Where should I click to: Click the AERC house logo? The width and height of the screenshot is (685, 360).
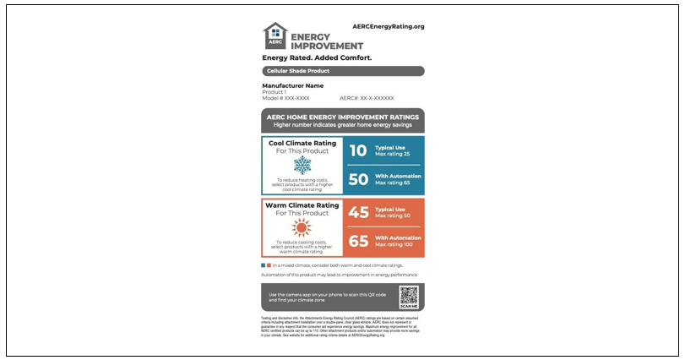275,35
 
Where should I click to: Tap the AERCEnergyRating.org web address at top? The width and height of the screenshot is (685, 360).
389,27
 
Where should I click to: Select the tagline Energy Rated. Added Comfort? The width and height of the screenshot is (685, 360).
317,58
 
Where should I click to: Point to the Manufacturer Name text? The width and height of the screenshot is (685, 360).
292,85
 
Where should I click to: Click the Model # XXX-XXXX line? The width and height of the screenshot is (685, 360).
285,98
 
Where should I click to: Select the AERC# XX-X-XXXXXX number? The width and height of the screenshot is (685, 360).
367,98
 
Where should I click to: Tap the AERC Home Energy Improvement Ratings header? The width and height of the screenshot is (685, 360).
342,117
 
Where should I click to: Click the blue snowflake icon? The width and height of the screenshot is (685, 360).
302,165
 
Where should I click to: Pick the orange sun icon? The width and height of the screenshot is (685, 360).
302,227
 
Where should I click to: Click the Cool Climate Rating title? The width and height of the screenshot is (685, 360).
302,143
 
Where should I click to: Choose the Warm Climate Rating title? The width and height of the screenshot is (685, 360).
302,205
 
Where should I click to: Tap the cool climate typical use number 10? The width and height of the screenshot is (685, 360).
358,150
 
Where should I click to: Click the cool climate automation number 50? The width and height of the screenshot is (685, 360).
358,179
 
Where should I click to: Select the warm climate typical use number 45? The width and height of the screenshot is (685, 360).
359,212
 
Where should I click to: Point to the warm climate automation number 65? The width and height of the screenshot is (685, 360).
359,241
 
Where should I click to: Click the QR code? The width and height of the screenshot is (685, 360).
409,296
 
